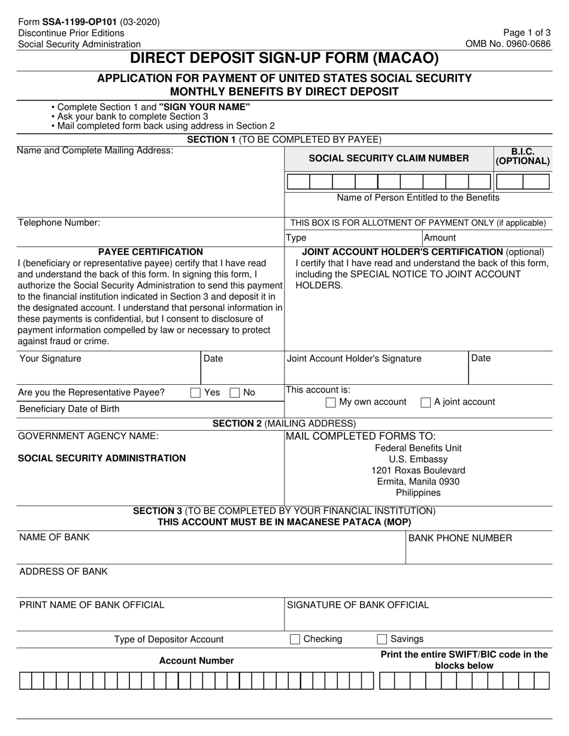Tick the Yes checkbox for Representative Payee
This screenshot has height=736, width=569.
195,393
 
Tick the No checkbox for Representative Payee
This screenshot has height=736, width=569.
235,393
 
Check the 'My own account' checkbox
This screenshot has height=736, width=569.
330,402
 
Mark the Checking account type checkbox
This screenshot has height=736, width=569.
295,639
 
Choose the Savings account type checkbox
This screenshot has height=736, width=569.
382,639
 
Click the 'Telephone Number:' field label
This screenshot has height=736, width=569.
59,223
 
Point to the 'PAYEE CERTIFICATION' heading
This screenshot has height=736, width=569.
150,252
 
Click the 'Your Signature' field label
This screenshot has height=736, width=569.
50,358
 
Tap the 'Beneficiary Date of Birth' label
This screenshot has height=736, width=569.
69,409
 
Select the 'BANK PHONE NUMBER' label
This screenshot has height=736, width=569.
460,538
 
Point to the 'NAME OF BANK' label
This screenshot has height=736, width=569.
55,537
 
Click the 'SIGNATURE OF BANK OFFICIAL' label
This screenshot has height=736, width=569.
358,605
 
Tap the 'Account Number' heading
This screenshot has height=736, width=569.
196,661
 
